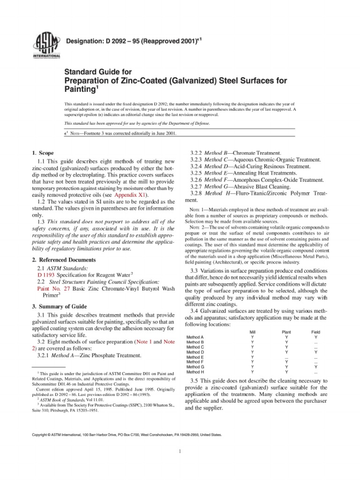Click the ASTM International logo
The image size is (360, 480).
point(43,46)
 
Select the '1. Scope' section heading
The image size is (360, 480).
point(43,153)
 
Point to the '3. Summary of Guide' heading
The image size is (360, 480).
point(60,306)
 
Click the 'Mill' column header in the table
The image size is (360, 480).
point(253,331)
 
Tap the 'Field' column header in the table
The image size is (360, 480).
point(315,331)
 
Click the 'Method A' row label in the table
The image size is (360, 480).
point(195,337)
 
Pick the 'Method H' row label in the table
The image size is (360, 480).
point(195,372)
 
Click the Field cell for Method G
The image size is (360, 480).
point(315,367)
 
